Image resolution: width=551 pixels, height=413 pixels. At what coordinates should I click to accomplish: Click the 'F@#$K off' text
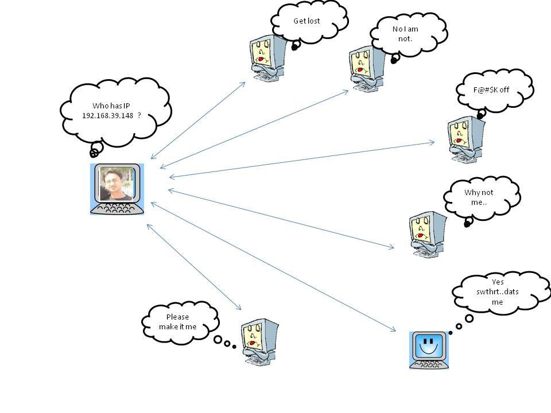(x=491, y=90)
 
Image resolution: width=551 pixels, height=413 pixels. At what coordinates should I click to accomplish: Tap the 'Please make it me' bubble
(x=178, y=322)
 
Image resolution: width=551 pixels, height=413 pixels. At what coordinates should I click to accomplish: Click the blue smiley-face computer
(x=428, y=346)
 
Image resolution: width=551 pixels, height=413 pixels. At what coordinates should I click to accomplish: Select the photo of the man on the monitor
(x=115, y=184)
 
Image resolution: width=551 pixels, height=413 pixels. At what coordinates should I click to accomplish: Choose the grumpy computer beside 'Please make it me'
(x=258, y=342)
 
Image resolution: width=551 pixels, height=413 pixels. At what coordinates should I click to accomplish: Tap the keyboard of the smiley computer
(x=428, y=363)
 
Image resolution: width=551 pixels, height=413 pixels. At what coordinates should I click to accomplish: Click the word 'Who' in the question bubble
(x=99, y=106)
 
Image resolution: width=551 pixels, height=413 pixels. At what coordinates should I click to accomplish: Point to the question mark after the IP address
(x=139, y=115)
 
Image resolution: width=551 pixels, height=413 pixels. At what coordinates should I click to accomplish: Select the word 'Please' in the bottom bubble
(x=177, y=317)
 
